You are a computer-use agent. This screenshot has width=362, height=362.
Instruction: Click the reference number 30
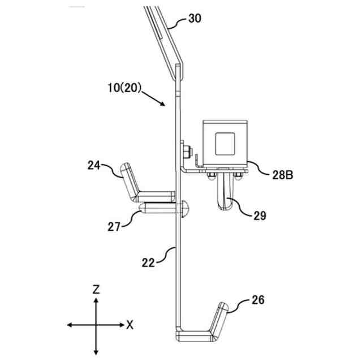click(x=194, y=18)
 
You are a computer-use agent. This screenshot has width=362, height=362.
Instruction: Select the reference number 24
click(x=94, y=165)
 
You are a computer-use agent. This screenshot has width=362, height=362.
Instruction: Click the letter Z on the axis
click(x=96, y=289)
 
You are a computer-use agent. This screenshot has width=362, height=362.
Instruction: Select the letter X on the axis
click(x=130, y=325)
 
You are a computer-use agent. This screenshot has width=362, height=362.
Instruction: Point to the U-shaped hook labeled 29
click(x=225, y=198)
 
